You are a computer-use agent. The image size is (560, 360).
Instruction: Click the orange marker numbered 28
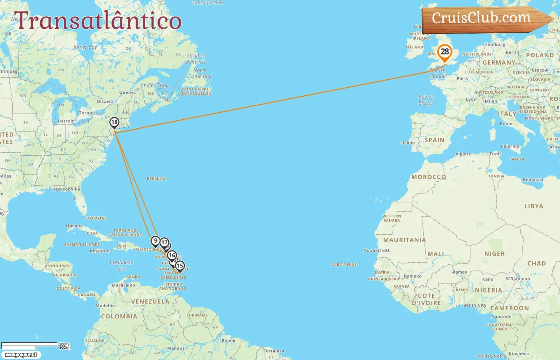pyautogui.click(x=444, y=52)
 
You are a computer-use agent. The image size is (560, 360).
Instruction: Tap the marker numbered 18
pyautogui.click(x=114, y=122)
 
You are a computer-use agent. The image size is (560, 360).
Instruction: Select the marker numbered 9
pyautogui.click(x=155, y=241)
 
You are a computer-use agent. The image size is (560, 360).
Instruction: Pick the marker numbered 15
pyautogui.click(x=180, y=266)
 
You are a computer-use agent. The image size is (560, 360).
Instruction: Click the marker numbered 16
pyautogui.click(x=172, y=256)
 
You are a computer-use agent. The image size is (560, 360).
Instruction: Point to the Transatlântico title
pyautogui.click(x=98, y=21)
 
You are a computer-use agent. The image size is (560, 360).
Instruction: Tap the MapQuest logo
pyautogui.click(x=21, y=355)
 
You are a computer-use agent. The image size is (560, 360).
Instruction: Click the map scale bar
pyautogui.click(x=30, y=345)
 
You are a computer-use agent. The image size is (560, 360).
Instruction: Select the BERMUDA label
pyautogui.click(x=157, y=179)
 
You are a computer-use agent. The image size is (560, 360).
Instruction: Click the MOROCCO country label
pyautogui.click(x=428, y=177)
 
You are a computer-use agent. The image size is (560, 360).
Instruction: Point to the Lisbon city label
pyautogui.click(x=407, y=143)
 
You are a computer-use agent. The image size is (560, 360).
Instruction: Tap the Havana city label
pyautogui.click(x=74, y=226)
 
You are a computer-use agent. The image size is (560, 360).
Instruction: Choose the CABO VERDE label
pyautogui.click(x=344, y=265)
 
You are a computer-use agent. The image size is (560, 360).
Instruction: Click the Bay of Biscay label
pyautogui.click(x=426, y=100)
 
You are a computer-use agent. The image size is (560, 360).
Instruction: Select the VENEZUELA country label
pyautogui.click(x=150, y=302)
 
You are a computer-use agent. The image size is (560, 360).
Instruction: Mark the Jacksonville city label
pyautogui.click(x=67, y=189)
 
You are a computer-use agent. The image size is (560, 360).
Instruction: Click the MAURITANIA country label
pyautogui.click(x=404, y=240)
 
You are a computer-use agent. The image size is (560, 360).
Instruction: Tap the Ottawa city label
pyautogui.click(x=105, y=102)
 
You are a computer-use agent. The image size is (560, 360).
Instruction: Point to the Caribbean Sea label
pyautogui.click(x=122, y=266)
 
